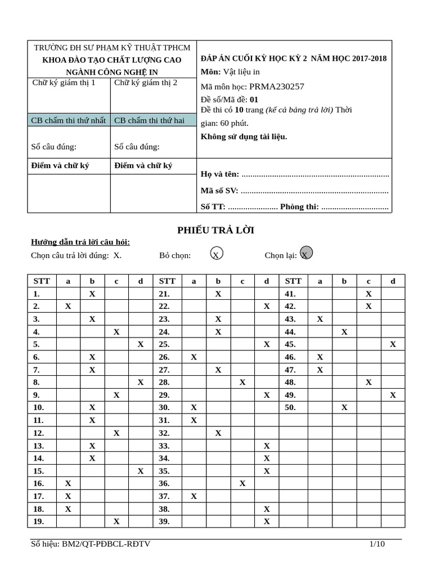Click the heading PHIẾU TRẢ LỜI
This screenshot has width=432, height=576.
coord(216,230)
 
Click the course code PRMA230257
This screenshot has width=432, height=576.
coord(276,86)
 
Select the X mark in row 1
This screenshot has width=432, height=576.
coord(92,294)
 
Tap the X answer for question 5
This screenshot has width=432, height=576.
coord(141,344)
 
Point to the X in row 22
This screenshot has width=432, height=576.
coord(267,306)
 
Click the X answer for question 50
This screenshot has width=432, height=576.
coord(344,407)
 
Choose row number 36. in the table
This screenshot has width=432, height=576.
coord(164,483)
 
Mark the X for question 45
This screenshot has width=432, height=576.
coord(393,344)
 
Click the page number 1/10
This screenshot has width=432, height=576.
coord(377,544)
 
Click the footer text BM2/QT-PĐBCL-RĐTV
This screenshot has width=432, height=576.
coord(106,544)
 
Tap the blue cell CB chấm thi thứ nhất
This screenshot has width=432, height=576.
coord(69,120)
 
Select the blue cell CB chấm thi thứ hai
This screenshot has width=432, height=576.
coord(149,120)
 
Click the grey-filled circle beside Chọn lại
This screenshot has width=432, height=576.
coord(306,253)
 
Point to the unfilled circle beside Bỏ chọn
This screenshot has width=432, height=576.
coord(216,254)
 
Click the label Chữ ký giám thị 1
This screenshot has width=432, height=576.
coord(64,83)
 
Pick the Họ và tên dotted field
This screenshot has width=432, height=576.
coord(315,174)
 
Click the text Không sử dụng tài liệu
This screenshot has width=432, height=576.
coord(244,136)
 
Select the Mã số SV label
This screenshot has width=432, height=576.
coord(219,190)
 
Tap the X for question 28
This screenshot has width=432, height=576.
coord(242,382)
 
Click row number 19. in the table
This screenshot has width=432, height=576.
coord(39,521)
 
